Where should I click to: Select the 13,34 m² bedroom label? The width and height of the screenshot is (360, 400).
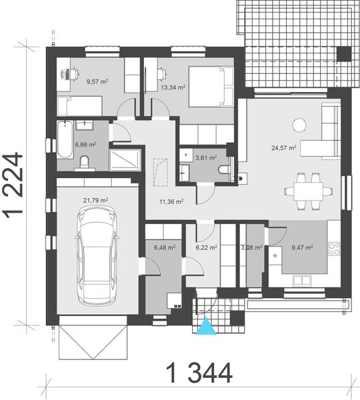tap(172, 86)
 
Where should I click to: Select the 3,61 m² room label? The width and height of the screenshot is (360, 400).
tap(205, 157)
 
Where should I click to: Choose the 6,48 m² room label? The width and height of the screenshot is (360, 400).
tap(165, 247)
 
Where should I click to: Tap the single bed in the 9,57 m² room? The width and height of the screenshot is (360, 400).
tap(78, 105)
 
